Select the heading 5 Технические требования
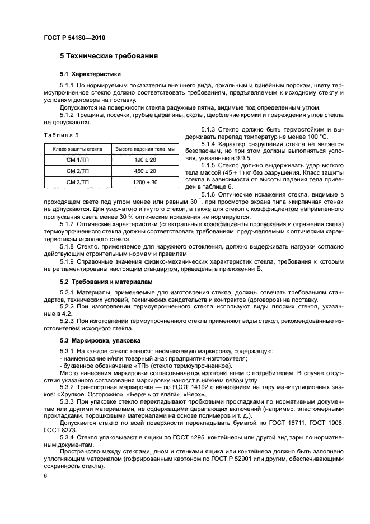(x=109, y=56)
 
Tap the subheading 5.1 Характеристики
(x=91, y=74)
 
